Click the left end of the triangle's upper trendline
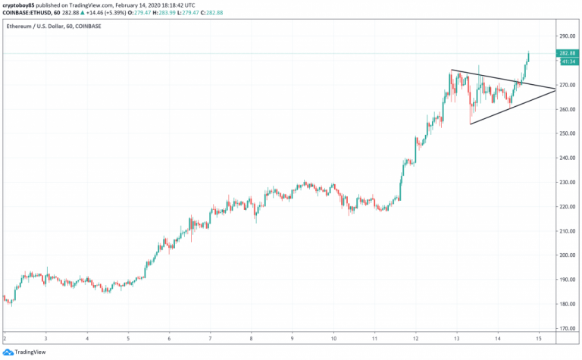(452, 70)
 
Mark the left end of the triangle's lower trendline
(471, 124)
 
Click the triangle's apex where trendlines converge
(555, 89)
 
